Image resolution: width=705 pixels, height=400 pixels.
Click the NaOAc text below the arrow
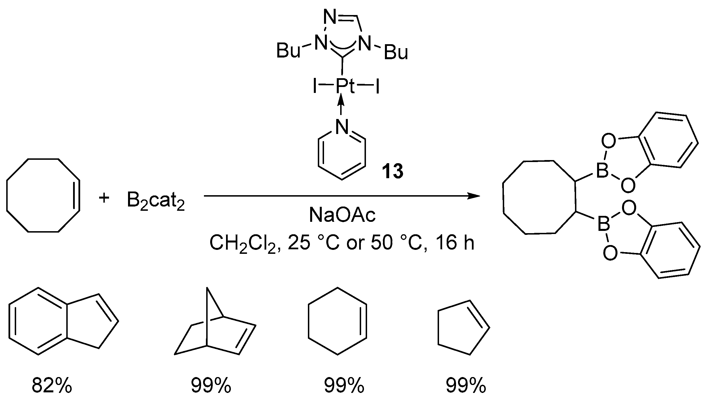(342, 215)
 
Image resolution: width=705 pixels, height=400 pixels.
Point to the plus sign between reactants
(104, 198)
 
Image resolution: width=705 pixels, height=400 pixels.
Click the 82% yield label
(52, 385)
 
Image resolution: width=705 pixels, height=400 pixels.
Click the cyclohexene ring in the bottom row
(337, 321)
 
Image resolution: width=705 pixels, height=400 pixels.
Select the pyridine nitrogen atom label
(342, 127)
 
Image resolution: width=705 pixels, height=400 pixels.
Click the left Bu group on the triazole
(288, 51)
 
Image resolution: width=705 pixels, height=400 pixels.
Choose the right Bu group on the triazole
(396, 53)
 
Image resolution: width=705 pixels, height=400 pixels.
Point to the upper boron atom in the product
(602, 171)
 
